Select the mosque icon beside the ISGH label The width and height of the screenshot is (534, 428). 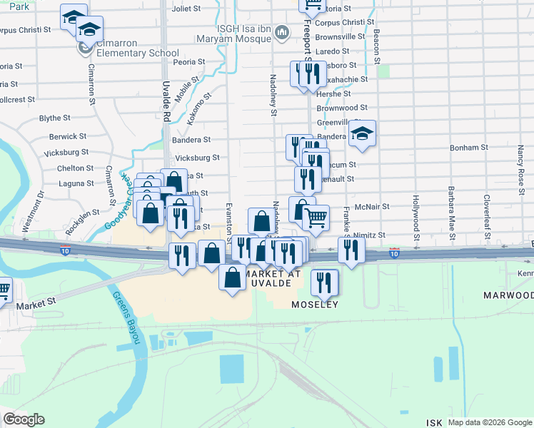pos(283,32)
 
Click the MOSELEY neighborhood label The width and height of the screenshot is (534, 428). pos(313,305)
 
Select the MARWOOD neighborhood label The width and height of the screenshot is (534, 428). pos(508,295)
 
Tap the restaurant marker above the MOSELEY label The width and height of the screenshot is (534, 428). pos(324,282)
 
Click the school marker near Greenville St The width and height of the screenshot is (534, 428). pos(363,133)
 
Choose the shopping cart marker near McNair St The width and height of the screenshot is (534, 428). pos(316,217)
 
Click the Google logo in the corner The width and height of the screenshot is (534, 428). pos(24,419)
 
